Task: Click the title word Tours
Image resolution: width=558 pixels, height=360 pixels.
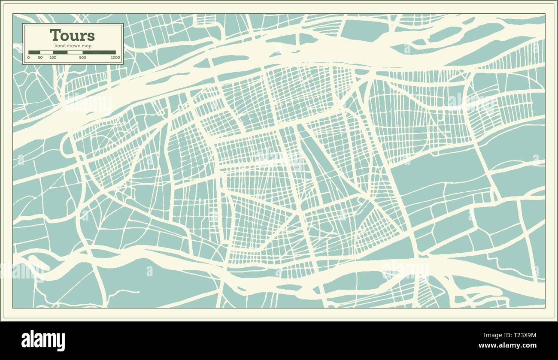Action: point(72,35)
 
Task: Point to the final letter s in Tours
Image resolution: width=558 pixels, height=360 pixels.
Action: point(91,36)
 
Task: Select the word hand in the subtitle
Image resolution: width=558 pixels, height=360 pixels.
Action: point(59,45)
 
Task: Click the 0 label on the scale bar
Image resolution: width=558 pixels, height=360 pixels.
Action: point(29,57)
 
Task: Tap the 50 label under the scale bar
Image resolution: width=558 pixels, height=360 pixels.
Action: point(40,57)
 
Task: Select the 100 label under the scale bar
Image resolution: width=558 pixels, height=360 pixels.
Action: point(53,57)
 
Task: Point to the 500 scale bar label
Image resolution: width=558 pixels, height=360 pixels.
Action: point(82,57)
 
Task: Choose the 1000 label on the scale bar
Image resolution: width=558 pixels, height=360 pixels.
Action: point(115,57)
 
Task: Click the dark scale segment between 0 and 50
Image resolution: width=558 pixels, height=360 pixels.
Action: point(34,52)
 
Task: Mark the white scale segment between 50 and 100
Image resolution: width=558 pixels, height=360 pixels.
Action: point(46,52)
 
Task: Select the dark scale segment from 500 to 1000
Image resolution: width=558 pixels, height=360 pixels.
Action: point(99,52)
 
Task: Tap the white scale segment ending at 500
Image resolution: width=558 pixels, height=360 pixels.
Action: point(75,52)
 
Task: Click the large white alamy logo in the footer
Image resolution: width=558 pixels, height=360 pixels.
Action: point(43,341)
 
